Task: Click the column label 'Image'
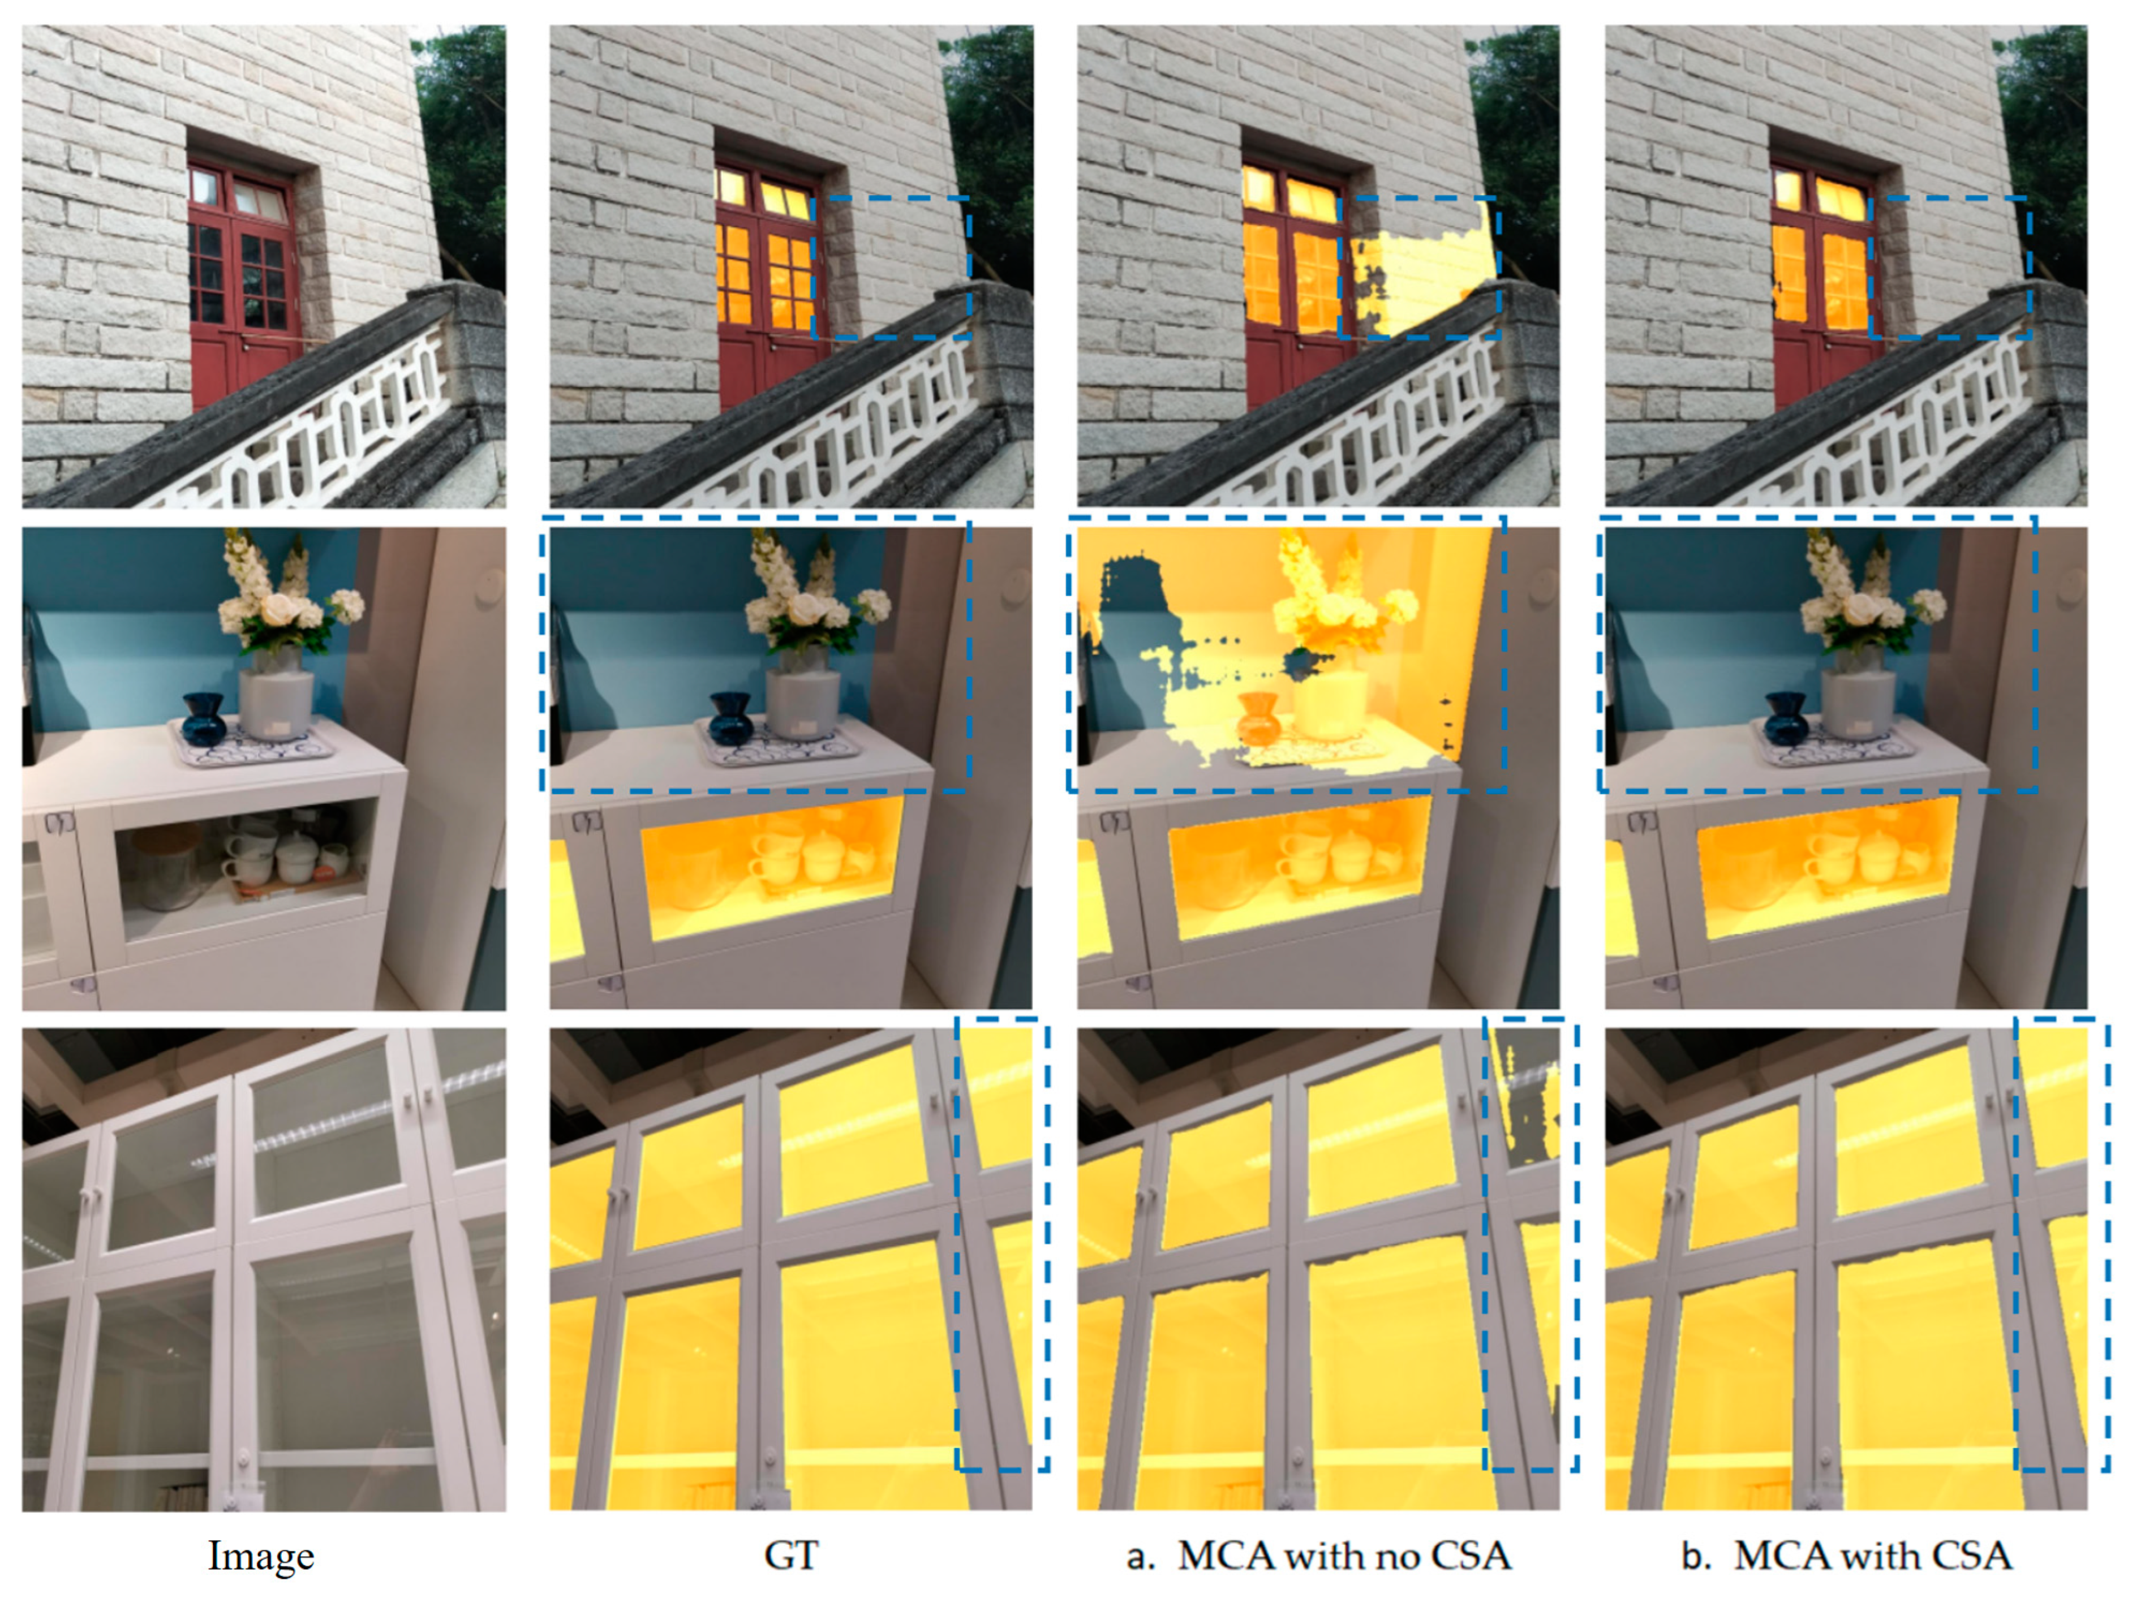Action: click(x=261, y=1556)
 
